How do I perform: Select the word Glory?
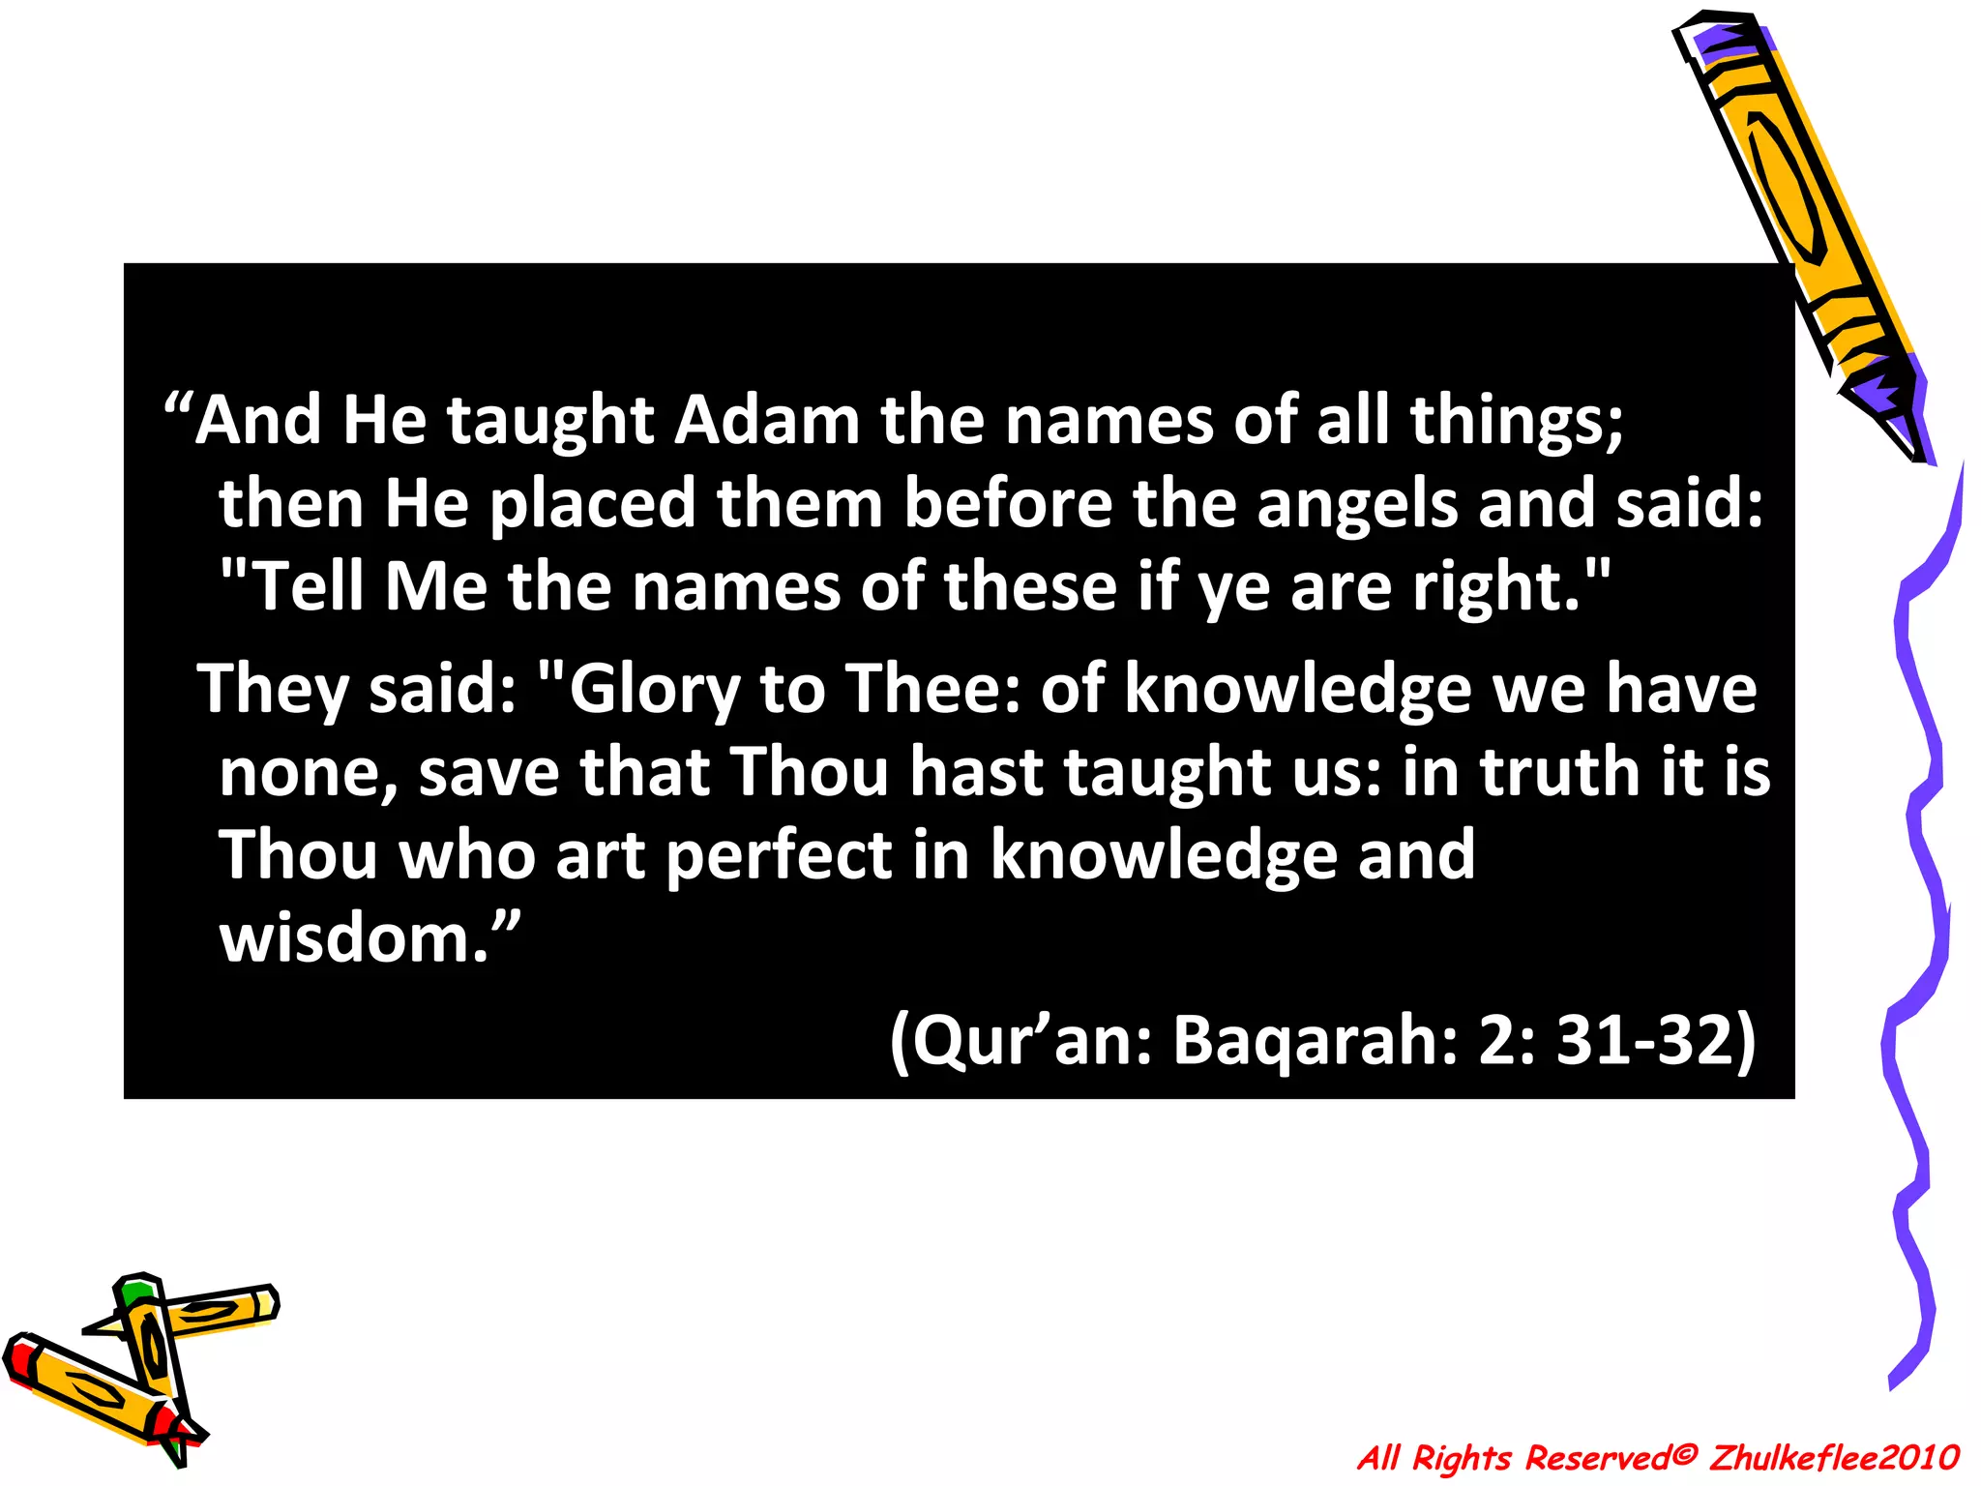[x=655, y=690]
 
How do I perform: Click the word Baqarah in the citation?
[x=1315, y=1042]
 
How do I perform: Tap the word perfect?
[x=780, y=856]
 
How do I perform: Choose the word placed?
[x=592, y=505]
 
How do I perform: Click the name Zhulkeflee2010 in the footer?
[x=1834, y=1458]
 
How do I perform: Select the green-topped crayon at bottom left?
[x=151, y=1354]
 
